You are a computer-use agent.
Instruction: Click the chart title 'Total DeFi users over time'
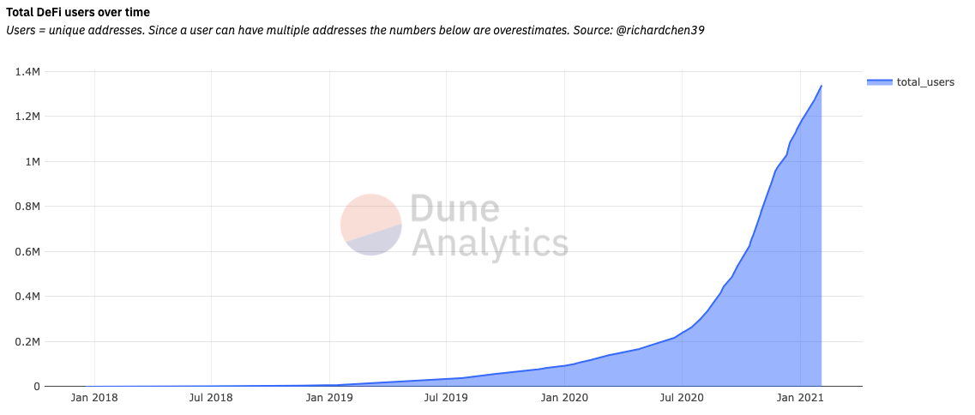(78, 12)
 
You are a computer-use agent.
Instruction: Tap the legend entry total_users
(911, 82)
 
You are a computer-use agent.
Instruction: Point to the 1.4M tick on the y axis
(28, 71)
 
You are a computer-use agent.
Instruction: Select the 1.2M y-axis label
(28, 117)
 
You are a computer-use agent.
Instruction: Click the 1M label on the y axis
(32, 162)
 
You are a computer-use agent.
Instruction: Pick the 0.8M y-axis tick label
(28, 207)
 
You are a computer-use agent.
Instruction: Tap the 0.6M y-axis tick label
(28, 252)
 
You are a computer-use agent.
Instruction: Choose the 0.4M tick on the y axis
(28, 297)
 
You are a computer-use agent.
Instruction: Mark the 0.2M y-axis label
(28, 341)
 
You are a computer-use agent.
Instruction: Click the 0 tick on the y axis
(37, 387)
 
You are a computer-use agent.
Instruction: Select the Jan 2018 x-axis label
(93, 398)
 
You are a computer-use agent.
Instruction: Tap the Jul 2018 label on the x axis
(212, 398)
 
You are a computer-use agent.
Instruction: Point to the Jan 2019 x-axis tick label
(329, 398)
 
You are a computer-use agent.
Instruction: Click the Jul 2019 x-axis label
(447, 398)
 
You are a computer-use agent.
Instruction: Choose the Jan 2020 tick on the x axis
(564, 398)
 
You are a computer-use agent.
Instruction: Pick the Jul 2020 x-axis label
(682, 398)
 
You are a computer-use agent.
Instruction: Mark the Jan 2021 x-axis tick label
(800, 398)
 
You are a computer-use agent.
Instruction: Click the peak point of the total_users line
(822, 86)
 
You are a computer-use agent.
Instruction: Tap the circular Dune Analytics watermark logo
(371, 225)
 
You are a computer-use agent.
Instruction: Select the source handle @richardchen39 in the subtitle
(660, 31)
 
